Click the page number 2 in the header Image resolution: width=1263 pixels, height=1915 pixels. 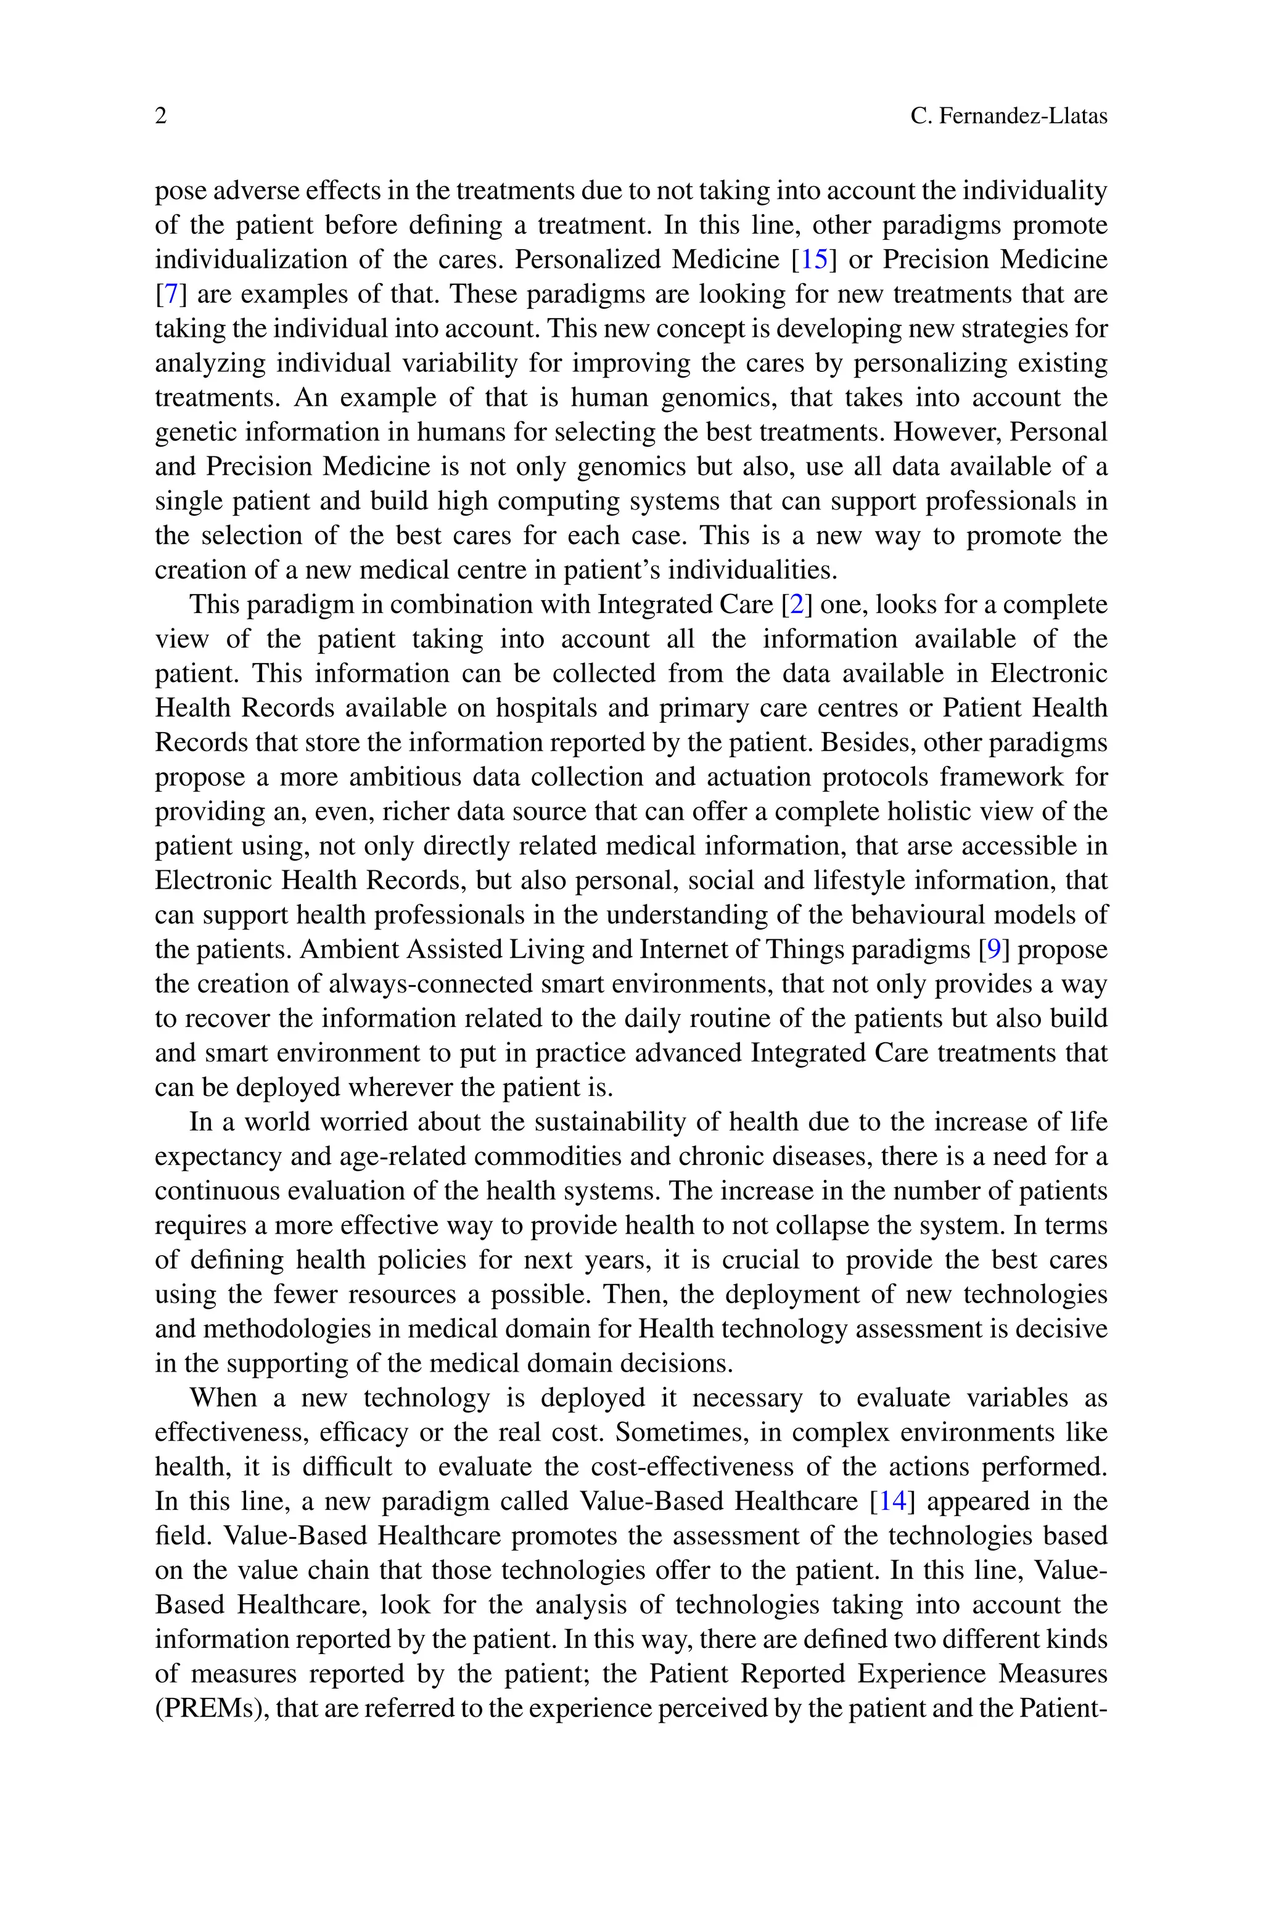161,117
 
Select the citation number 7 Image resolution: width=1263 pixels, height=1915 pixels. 171,295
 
